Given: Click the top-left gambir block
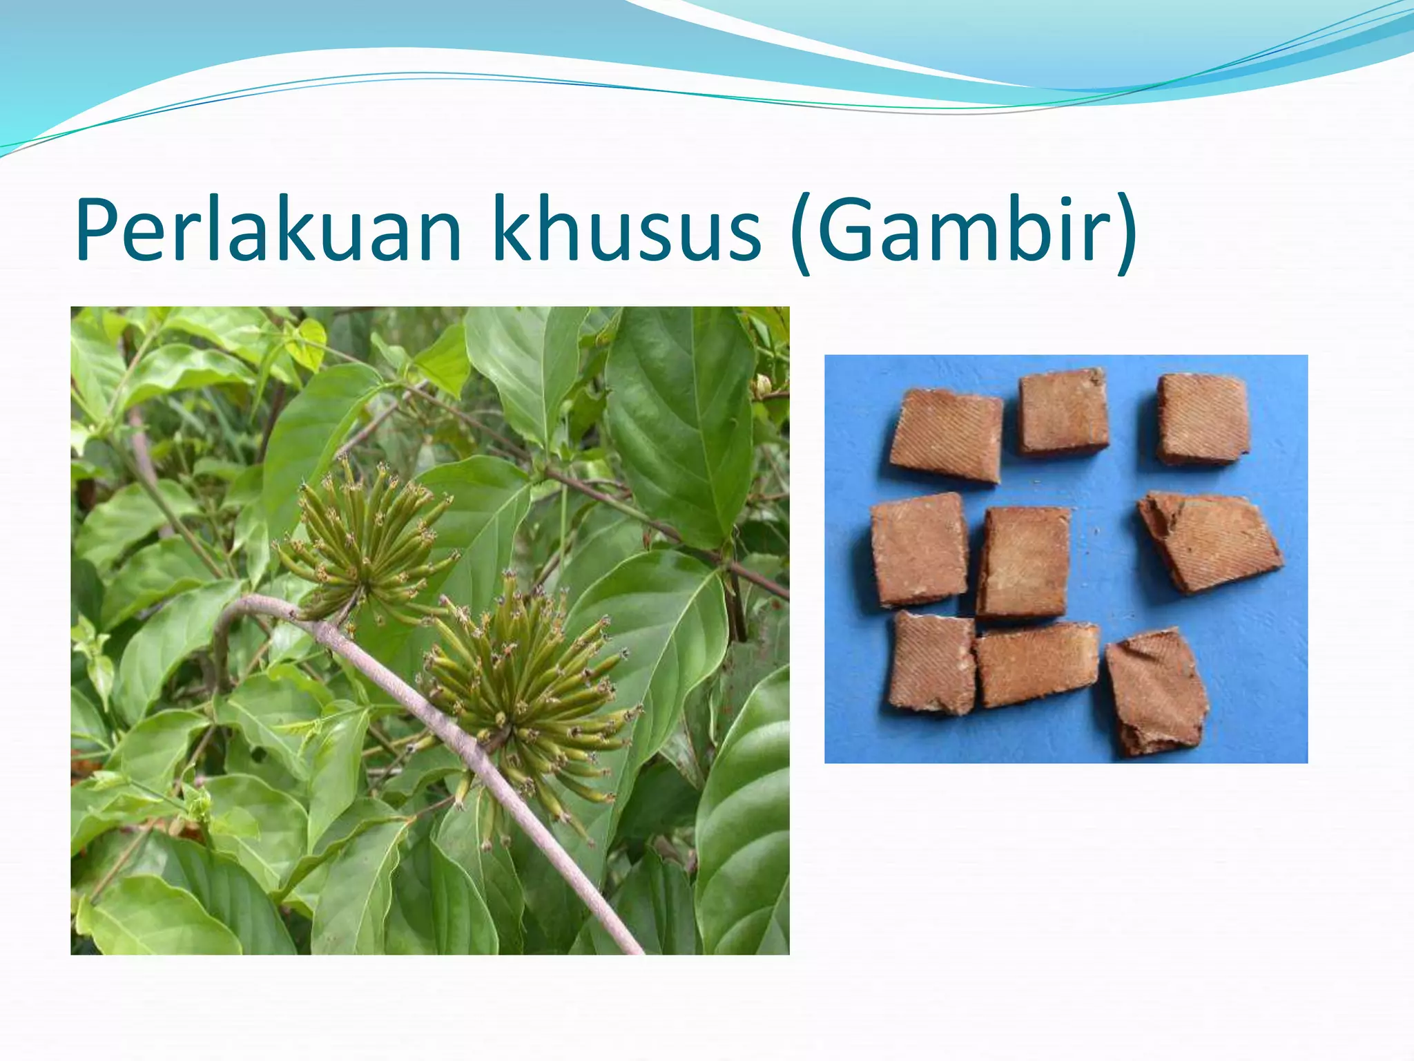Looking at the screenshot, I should [x=945, y=434].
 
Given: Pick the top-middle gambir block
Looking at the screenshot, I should [x=1063, y=412].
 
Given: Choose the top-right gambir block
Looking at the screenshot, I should [x=1202, y=419].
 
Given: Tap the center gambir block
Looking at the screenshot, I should [x=1024, y=562].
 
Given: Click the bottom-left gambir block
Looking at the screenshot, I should [x=932, y=663].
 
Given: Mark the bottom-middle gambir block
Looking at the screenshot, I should [x=1037, y=664].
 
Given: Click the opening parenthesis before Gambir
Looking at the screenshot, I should [x=801, y=235].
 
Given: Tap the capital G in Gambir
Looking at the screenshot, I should [x=846, y=230].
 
